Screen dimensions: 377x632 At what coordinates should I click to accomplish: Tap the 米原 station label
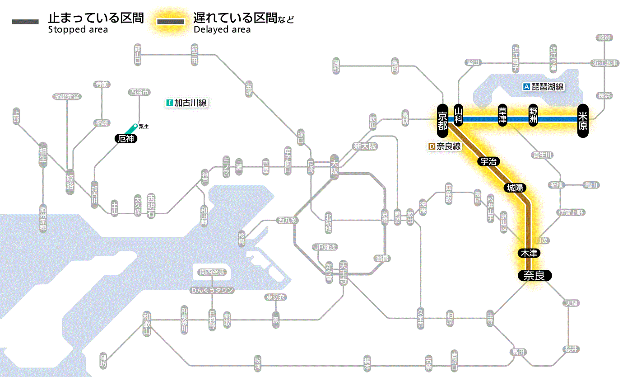583,120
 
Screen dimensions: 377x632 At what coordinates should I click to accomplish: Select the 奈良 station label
534,275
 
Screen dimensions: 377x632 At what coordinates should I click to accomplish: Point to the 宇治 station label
488,161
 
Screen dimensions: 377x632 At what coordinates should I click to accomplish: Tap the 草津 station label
502,116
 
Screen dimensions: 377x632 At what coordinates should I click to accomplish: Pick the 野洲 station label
534,116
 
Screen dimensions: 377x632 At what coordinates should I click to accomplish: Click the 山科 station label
459,116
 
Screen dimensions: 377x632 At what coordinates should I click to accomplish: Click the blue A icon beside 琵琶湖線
526,87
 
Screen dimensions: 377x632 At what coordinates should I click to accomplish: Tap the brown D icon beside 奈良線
431,146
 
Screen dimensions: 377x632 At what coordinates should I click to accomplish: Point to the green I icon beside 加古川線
170,103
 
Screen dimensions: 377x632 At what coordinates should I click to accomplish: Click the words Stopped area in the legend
78,30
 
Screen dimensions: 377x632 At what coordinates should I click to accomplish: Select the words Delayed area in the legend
222,30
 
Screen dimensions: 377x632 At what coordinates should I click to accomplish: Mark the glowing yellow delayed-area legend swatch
170,22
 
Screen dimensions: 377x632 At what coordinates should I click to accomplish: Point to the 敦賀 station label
604,38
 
